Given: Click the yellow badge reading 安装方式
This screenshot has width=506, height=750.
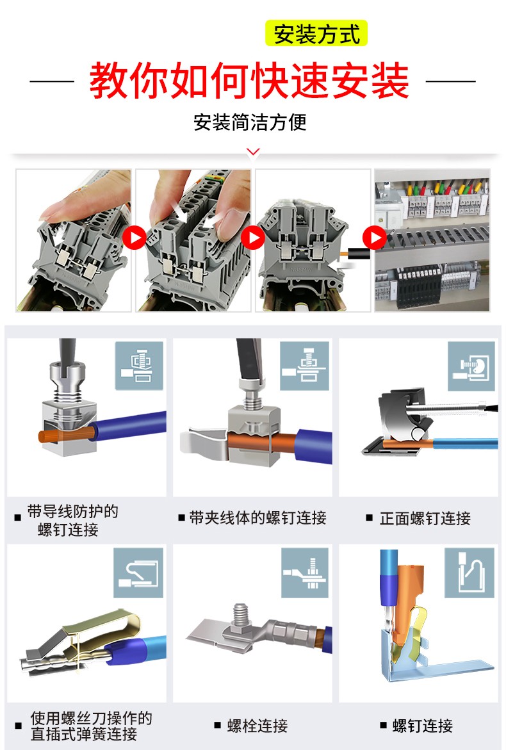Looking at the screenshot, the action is point(316,33).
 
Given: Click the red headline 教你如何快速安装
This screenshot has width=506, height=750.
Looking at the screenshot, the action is point(249,80).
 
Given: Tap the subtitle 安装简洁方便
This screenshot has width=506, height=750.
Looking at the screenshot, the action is point(250,122).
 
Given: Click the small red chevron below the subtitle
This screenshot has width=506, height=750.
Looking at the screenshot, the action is point(253,152).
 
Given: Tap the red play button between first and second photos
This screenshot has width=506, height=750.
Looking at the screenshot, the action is point(135,238).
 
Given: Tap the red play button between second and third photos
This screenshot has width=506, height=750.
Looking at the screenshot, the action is point(253,238).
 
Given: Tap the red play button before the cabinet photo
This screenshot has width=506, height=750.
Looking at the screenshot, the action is point(375,238).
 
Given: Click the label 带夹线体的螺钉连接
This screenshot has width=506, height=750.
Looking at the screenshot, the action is point(257,518).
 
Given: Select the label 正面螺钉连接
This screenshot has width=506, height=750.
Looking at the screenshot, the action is point(425,518).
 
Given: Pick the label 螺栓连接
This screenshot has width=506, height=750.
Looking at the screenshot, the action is point(257,726).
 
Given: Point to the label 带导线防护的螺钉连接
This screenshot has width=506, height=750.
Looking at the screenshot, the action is point(72,521).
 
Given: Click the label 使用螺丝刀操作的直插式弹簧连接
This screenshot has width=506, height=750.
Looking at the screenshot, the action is point(91,726).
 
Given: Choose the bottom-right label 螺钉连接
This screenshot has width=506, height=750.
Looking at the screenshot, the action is point(422,726).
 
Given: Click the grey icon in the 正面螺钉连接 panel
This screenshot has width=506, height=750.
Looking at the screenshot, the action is point(471,367).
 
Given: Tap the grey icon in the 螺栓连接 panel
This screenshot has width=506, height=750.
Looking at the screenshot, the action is point(305,573).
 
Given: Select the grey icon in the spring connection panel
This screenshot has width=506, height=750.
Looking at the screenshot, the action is point(138,573).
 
